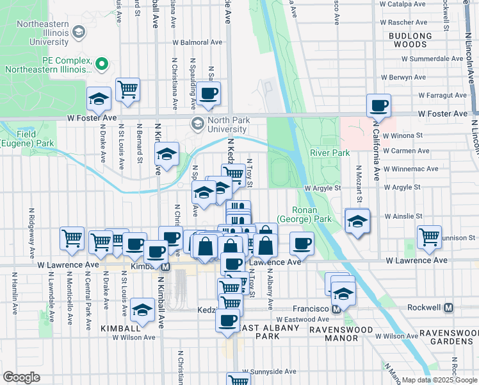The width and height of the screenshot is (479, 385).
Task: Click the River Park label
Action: click(330, 153)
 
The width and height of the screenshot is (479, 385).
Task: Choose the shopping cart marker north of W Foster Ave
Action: click(128, 90)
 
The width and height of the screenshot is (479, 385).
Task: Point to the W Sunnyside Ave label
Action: click(269, 372)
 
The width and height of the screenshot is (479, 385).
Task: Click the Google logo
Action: click(21, 377)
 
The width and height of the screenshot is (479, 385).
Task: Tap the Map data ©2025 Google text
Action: click(439, 380)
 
